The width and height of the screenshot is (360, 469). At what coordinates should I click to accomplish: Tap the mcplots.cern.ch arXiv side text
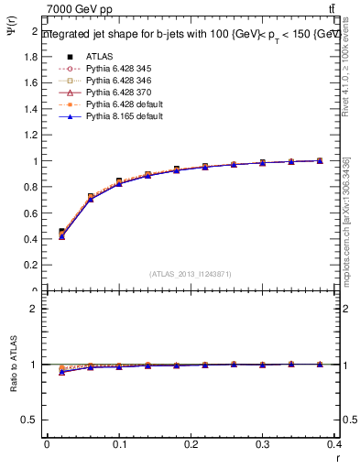[345, 220]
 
